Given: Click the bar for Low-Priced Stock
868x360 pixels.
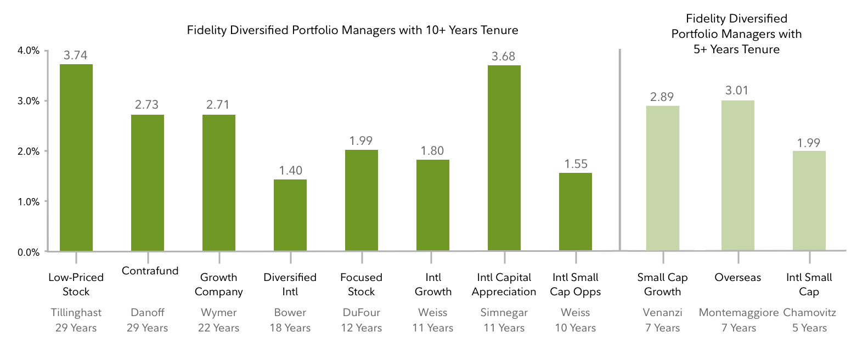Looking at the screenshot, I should coord(76,158).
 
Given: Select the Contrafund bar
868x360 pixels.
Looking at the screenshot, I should coord(147,183).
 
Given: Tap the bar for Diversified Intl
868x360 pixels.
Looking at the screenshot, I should coord(290,215).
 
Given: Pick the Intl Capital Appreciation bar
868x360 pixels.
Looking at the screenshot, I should coord(504,158).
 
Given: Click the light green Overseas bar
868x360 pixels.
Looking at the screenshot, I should coord(737,176).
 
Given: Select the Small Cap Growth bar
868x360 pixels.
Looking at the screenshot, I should coord(662,178).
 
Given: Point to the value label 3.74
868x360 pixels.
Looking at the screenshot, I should coord(76,55).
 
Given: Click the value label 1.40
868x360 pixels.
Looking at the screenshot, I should coord(290,170).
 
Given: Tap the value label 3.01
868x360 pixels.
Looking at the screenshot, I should coord(737,91).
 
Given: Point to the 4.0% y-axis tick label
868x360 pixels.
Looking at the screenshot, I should coord(29,50).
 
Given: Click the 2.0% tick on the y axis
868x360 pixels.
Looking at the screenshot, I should coord(29,151).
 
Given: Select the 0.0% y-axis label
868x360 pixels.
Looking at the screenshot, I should coord(29,252).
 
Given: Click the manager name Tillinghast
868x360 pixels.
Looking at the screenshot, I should coord(76,312).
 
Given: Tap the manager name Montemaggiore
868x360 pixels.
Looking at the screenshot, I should coord(739,312).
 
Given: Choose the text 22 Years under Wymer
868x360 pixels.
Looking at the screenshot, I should coord(218,328).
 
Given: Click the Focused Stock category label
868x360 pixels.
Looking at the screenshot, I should coord(361,284).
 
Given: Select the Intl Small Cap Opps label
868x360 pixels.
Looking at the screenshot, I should coord(575,284).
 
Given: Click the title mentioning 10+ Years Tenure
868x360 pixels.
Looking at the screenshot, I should coord(352,30).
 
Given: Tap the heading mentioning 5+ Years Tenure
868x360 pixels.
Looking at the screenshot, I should coord(736,34).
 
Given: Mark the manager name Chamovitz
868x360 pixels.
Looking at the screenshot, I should coord(809,312).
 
